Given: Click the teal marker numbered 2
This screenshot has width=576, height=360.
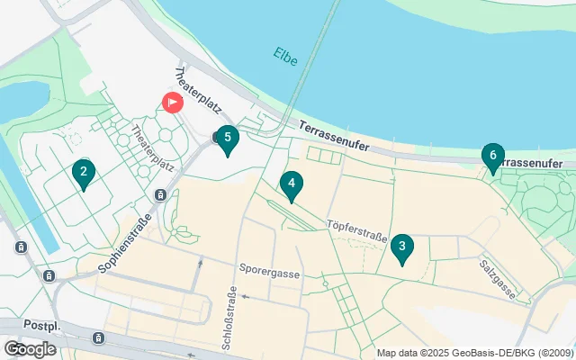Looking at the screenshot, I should click(83, 172).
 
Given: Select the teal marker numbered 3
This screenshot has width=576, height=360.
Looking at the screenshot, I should click(402, 247).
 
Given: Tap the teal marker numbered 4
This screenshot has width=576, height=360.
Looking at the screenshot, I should click(291, 184).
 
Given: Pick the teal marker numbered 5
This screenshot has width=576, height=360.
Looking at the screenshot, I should click(228, 139).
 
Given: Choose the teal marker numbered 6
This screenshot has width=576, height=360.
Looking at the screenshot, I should click(492, 157).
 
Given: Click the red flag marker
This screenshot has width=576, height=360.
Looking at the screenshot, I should click(171, 103).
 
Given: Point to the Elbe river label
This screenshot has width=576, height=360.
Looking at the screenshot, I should click(285, 55).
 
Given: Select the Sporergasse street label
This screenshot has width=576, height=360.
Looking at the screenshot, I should click(269, 269).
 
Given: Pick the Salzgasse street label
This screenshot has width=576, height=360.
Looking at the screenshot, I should click(497, 279).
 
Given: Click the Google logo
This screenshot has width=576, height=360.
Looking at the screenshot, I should click(30, 348).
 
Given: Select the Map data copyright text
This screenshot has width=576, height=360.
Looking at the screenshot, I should click(474, 353).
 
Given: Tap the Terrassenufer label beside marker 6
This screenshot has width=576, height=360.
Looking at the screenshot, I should click(537, 163).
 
